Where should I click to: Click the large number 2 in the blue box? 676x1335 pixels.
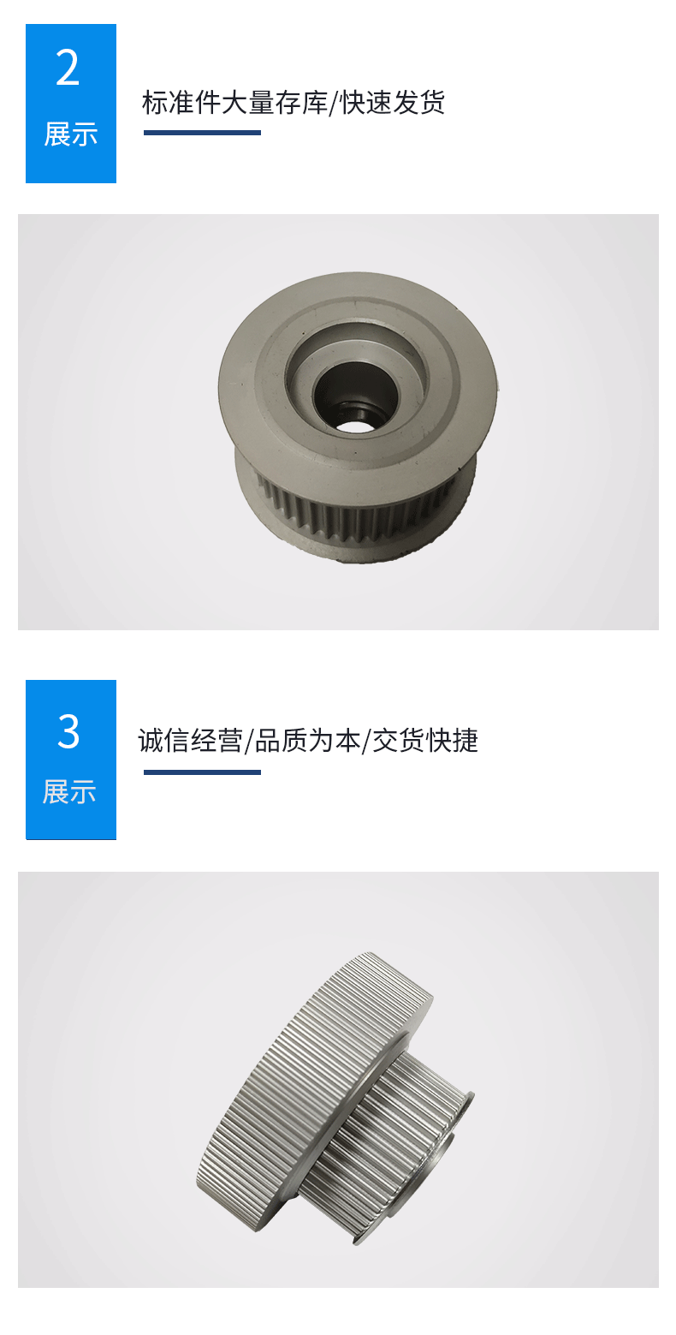pos(68,68)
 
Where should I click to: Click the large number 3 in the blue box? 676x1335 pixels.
pos(68,731)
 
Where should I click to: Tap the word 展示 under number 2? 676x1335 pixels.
pos(71,134)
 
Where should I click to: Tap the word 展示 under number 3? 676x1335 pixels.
pos(69,792)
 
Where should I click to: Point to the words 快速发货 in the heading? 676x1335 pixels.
pos(393,103)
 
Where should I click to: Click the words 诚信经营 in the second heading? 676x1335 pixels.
pos(191,741)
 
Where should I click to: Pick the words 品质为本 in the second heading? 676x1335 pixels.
pos(307,741)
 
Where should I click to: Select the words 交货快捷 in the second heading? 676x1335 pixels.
pos(425,741)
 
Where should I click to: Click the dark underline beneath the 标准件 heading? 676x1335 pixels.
pos(203,133)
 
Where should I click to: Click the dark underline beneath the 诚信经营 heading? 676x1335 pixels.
pos(203,772)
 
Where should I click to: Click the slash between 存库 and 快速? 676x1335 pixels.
pos(334,103)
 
